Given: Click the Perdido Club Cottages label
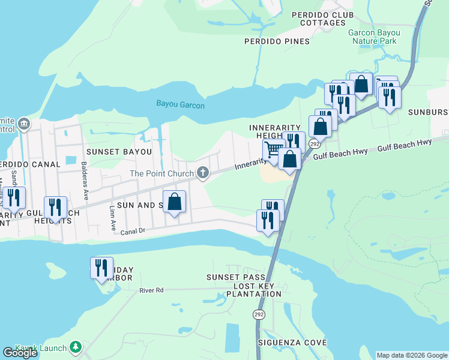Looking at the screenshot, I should point(322,19).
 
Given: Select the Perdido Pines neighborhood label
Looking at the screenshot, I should point(277,41).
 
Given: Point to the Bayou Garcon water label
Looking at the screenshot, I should point(181,105).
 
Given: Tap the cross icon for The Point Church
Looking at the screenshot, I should point(203,174).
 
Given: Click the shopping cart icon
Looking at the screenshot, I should point(273,150).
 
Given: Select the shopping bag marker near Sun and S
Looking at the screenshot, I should point(175,202).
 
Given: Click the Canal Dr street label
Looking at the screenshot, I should point(133,231).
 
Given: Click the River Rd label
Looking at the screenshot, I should point(151,290).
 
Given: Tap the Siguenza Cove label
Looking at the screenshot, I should point(292,343).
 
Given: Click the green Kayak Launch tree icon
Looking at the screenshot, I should point(75,347).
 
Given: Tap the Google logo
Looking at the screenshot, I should point(20,353).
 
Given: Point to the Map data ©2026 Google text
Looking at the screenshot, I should point(411,355).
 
